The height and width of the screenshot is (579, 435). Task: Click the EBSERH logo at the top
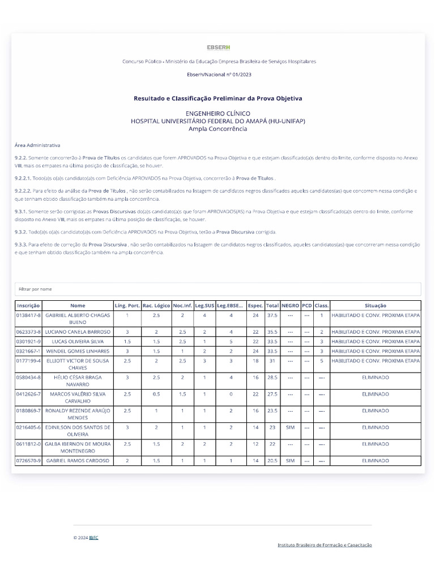click(x=218, y=47)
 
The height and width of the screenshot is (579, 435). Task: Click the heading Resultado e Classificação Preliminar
click(x=217, y=98)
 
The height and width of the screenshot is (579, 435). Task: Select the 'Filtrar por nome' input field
click(x=217, y=289)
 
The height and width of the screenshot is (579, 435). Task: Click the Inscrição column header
click(x=29, y=305)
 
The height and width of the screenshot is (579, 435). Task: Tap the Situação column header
click(x=376, y=305)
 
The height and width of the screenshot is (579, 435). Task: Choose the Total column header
click(x=272, y=305)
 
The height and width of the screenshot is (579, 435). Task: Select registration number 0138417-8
click(x=29, y=315)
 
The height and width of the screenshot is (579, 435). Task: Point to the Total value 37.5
click(x=272, y=315)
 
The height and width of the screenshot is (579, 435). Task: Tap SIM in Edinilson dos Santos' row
click(x=291, y=427)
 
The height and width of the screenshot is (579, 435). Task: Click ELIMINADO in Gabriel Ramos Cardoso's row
click(x=376, y=461)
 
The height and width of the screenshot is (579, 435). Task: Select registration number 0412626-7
click(x=29, y=394)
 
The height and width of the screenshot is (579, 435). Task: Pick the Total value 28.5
click(x=272, y=377)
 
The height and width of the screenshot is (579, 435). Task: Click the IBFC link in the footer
click(x=93, y=538)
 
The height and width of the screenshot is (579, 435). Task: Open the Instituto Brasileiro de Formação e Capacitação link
click(x=325, y=545)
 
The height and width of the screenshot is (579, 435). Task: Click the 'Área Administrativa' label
click(x=37, y=145)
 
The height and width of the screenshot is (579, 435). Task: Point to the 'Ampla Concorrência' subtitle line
click(x=217, y=129)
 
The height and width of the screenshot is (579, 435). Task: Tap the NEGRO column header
click(x=291, y=305)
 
